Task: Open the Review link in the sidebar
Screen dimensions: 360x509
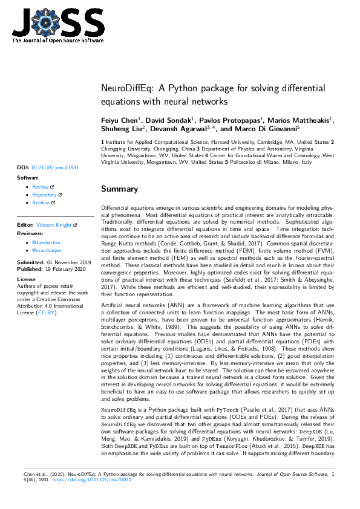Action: pos(40,187)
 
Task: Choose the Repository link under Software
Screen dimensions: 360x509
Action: pos(44,195)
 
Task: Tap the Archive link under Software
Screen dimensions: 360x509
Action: pos(41,203)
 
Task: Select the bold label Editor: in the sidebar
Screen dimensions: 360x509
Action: pos(25,225)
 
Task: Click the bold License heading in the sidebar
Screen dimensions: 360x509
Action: pos(26,279)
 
